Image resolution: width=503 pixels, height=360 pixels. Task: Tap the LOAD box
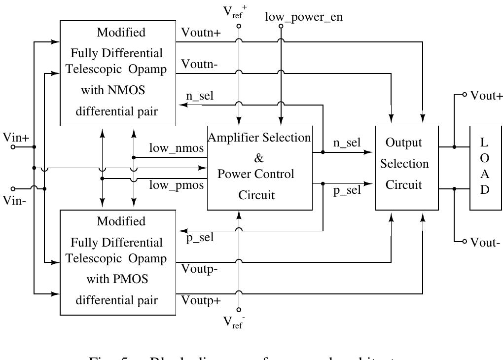[x=485, y=168]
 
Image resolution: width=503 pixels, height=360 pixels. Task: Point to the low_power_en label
[x=304, y=17]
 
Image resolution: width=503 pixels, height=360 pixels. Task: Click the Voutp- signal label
[x=200, y=269]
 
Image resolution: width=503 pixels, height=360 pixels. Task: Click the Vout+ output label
[x=486, y=96]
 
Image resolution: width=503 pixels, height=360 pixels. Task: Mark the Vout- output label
[x=485, y=243]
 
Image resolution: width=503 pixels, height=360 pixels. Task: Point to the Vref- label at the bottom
[x=235, y=323]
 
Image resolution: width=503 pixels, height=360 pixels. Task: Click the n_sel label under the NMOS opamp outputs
[x=200, y=96]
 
